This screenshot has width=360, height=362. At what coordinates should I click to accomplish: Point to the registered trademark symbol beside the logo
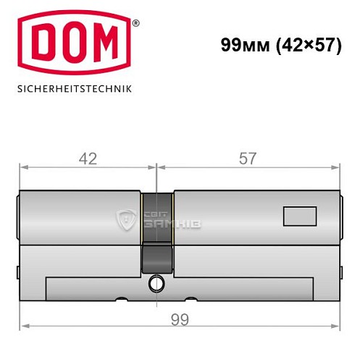tap(135, 23)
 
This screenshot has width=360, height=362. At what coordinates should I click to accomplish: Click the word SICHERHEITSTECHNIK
tap(75, 91)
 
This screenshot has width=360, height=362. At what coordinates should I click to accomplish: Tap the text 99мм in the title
tap(243, 45)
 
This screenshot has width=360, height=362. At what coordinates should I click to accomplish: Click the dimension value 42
tap(88, 159)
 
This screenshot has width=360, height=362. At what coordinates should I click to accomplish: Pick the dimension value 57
tap(248, 159)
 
